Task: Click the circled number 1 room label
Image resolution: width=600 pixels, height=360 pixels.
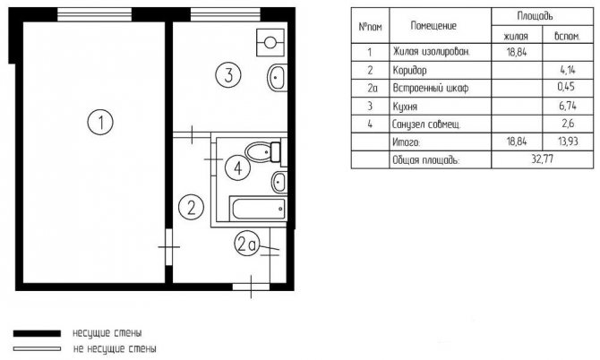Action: pos(100,123)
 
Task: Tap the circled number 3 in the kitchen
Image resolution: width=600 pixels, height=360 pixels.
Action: pos(228,74)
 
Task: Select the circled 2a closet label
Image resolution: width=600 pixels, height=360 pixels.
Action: pos(246,244)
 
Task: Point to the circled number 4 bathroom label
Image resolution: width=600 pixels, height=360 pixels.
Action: pos(237,167)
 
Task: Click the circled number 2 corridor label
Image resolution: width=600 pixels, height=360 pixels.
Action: pos(192,207)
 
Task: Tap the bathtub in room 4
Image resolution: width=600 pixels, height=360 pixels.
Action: pos(258,209)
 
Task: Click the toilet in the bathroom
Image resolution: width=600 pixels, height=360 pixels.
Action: pos(263,152)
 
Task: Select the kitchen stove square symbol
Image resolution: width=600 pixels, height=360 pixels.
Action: pos(270,42)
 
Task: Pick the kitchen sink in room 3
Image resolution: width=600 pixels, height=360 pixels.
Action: pos(277,78)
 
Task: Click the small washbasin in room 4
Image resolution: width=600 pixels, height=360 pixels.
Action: pos(279,182)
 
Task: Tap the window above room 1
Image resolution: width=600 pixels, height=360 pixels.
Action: pos(95,14)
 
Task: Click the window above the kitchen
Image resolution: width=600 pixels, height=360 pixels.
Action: pos(226,14)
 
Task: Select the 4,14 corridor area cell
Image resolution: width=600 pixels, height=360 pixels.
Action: pos(568,70)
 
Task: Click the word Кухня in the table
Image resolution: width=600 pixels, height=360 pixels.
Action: pos(405,107)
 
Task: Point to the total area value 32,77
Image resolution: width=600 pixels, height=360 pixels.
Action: pos(542,159)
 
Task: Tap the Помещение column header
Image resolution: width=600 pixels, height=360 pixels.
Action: pos(433,26)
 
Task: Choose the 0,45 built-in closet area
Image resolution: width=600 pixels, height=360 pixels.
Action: pos(566,87)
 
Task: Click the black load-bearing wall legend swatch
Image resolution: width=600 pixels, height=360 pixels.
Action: pos(37,334)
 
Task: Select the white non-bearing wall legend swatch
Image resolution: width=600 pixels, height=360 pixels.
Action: pos(37,349)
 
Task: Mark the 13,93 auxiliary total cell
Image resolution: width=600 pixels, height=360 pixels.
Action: pos(568,141)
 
